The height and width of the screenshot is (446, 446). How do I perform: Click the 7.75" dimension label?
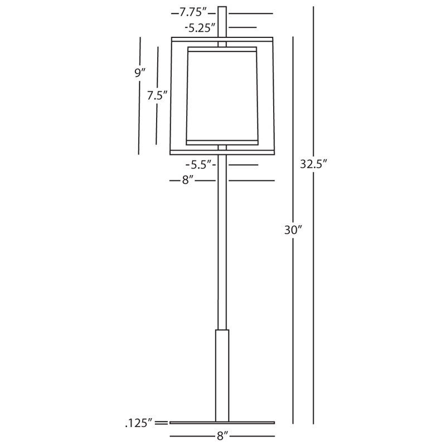(x=192, y=12)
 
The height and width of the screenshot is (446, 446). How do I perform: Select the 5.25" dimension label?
(x=200, y=28)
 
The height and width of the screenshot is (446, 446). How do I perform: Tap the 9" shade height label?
(x=140, y=73)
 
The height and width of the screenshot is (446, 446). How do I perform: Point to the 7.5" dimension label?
(x=157, y=95)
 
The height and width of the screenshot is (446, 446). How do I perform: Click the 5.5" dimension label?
(x=201, y=164)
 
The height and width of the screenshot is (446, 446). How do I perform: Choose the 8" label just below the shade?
(x=188, y=180)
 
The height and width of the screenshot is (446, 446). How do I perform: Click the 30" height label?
(x=293, y=230)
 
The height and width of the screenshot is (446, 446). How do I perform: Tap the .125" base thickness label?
(x=139, y=423)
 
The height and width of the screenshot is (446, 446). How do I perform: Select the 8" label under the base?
(x=222, y=436)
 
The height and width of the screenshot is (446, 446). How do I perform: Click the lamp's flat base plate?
(x=222, y=423)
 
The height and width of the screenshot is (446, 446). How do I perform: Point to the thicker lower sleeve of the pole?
(x=222, y=375)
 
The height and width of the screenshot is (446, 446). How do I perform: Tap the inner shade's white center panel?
(x=222, y=96)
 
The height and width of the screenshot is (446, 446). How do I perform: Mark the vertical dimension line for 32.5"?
(x=313, y=215)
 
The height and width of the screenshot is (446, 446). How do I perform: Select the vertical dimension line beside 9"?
(x=139, y=96)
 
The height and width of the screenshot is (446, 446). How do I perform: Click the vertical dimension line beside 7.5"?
(x=157, y=96)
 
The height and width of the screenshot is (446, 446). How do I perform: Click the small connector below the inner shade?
(x=222, y=148)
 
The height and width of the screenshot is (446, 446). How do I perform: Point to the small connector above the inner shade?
(x=222, y=45)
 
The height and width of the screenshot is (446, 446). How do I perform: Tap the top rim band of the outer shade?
(x=222, y=40)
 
